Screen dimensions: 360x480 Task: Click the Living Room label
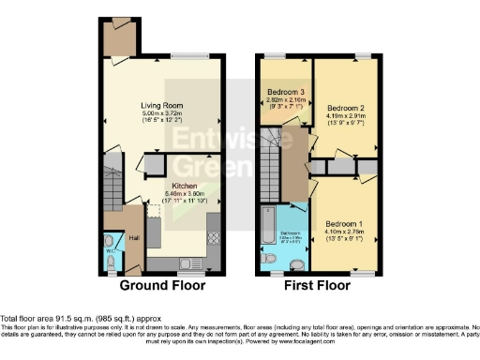pyautogui.click(x=161, y=106)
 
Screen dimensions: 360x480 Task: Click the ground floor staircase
pyautogui.click(x=113, y=187)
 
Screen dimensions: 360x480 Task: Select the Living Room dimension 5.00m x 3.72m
pyautogui.click(x=161, y=115)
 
